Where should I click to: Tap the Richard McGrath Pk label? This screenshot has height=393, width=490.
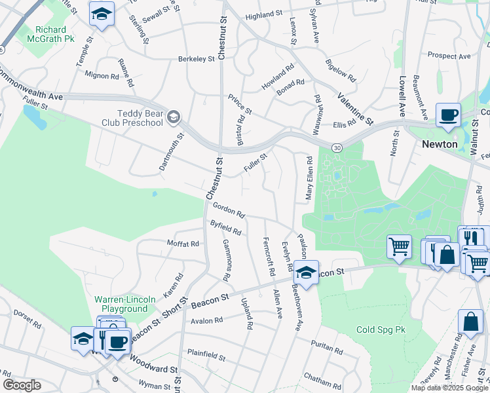click(56, 34)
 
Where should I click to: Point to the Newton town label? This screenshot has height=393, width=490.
click(440, 143)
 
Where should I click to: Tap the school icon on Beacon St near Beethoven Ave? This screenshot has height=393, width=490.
click(305, 271)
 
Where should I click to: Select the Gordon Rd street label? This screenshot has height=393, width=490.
click(228, 210)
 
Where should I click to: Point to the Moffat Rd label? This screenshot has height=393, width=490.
click(183, 244)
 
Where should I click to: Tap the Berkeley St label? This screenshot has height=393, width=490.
click(197, 59)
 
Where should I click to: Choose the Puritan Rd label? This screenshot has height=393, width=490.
click(326, 350)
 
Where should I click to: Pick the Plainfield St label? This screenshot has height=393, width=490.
click(206, 358)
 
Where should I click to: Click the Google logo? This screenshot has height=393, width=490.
click(21, 384)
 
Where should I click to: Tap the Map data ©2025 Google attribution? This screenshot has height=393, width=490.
click(449, 388)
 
